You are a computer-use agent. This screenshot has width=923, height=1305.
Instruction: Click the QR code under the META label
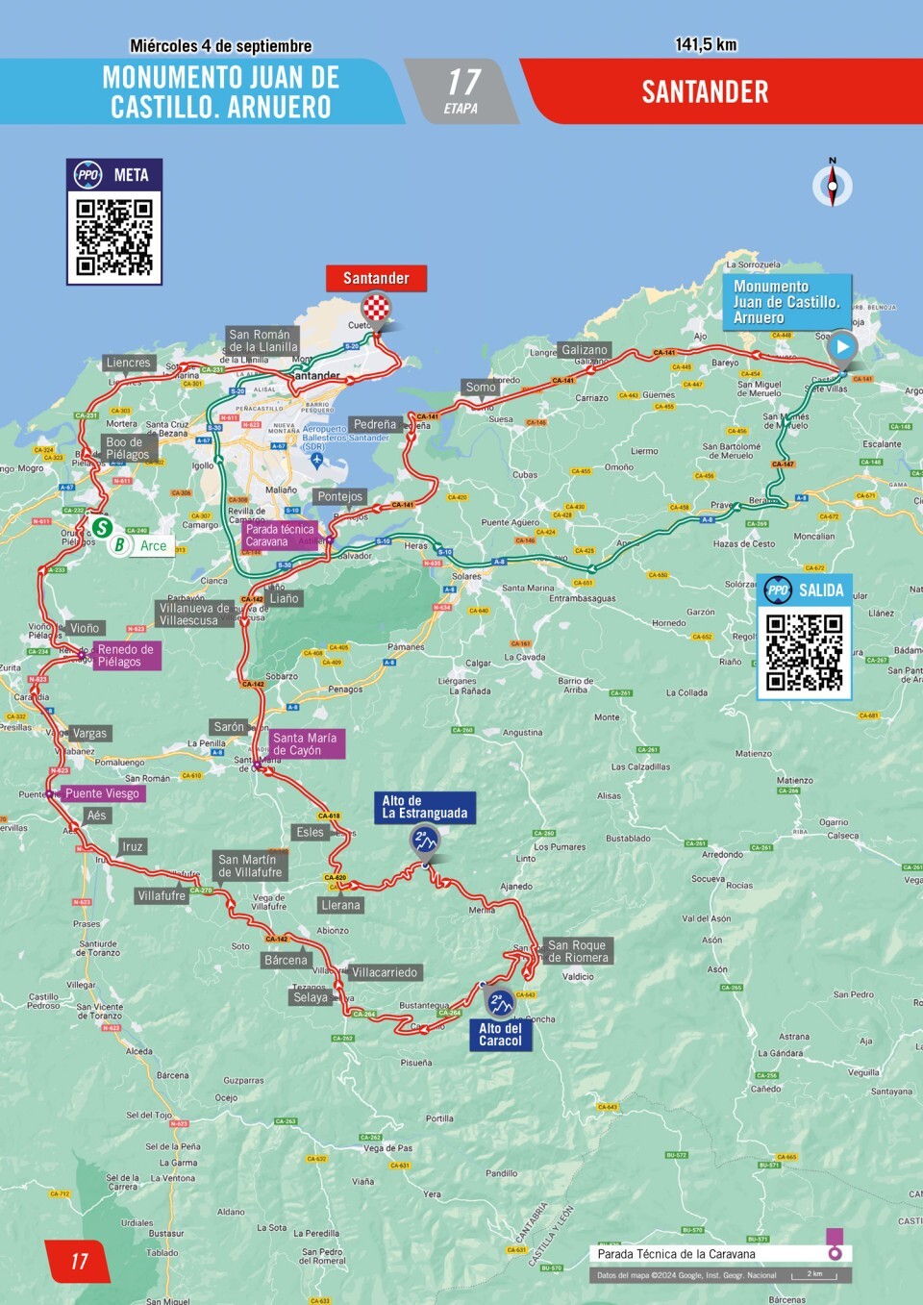[114, 237]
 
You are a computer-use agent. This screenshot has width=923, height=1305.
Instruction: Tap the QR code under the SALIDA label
[804, 652]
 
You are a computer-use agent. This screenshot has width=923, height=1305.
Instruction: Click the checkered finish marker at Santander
[376, 309]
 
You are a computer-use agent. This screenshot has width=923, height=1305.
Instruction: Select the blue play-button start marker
[842, 347]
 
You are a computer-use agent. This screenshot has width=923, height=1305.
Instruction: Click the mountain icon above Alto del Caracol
[499, 1003]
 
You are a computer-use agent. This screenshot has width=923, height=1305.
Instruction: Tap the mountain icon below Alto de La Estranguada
[425, 841]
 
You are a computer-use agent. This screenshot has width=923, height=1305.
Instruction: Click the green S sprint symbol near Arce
[102, 527]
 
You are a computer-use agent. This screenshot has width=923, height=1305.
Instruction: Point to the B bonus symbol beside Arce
[119, 545]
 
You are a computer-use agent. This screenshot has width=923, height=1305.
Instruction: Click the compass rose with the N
[833, 185]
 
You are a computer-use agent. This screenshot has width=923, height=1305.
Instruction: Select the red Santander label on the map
[376, 278]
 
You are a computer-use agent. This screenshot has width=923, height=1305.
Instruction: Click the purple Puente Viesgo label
[103, 793]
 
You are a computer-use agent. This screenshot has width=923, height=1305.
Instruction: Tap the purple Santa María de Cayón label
[305, 743]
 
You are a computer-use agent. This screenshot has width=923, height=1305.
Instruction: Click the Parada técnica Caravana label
[279, 536]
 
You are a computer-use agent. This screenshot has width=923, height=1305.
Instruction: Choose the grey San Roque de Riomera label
[577, 951]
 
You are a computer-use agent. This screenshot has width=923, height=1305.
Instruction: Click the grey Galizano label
[585, 350]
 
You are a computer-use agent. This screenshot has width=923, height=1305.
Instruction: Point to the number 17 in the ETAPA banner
[462, 83]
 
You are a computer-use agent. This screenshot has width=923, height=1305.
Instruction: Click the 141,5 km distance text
[706, 44]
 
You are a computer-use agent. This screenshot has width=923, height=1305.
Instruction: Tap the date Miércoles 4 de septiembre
[221, 46]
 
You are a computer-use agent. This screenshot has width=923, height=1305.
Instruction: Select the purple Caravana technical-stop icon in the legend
[835, 1244]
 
